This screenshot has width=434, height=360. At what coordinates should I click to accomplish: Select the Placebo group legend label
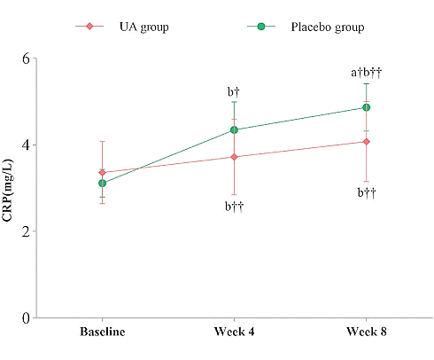(327, 27)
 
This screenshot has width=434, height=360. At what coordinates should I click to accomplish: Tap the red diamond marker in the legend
(89, 27)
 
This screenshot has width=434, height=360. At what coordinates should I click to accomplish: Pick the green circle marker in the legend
(260, 27)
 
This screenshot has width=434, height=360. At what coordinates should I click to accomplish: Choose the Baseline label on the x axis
(102, 333)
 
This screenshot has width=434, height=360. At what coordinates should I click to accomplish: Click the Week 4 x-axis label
(234, 333)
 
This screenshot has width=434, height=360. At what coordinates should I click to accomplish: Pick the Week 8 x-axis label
(366, 333)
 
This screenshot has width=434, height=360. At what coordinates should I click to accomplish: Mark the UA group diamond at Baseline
(103, 172)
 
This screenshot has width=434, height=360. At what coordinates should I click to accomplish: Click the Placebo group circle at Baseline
(103, 184)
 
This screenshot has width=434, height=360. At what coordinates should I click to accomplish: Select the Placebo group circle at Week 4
(234, 129)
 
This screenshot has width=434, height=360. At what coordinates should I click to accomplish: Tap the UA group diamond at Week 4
(234, 157)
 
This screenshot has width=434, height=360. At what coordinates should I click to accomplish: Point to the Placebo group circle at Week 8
(366, 107)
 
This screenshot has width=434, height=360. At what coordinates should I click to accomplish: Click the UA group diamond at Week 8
(366, 142)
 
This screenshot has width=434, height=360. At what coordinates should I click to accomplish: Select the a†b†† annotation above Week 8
(366, 73)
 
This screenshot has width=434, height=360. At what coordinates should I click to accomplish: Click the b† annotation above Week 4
(234, 91)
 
